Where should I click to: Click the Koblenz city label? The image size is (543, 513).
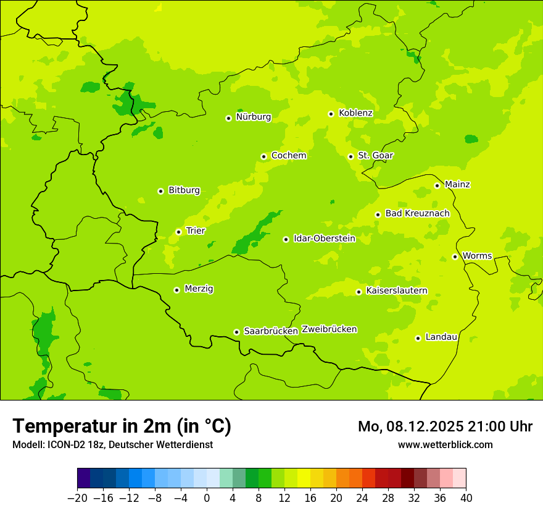[x=355, y=113]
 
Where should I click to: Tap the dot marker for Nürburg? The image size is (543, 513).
[x=228, y=118]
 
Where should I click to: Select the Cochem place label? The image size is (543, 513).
[x=288, y=156]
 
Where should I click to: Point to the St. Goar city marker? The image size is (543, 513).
[x=350, y=156]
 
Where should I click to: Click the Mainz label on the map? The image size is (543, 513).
[x=457, y=185]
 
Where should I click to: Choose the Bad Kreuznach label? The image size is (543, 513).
[x=417, y=214]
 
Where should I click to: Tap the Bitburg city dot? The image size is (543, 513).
[x=160, y=192]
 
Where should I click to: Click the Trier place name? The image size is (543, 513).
[x=196, y=231]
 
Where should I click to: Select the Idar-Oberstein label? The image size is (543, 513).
[x=324, y=239]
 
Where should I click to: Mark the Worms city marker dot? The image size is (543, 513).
[x=455, y=256]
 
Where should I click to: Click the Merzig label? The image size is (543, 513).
[x=199, y=289]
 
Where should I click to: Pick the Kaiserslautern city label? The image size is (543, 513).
[x=397, y=290]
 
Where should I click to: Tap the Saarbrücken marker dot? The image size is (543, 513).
[x=236, y=332]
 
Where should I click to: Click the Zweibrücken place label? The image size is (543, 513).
[x=329, y=329]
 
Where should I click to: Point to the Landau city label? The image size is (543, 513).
[x=441, y=337]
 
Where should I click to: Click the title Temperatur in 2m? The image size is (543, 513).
[x=122, y=426]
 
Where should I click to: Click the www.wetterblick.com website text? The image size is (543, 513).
[x=445, y=445]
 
